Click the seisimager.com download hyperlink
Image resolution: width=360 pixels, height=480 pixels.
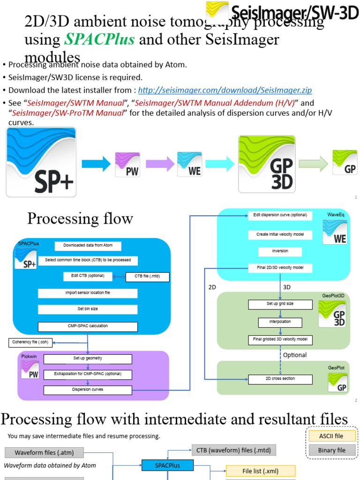(x=225, y=90)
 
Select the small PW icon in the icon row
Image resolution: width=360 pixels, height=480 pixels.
(x=127, y=164)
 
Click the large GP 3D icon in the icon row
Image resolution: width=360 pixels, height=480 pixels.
(x=267, y=164)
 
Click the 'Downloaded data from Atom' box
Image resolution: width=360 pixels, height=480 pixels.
(x=88, y=246)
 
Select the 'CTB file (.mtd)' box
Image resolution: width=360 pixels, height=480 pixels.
(x=148, y=277)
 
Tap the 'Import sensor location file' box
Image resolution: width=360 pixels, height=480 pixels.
(x=88, y=293)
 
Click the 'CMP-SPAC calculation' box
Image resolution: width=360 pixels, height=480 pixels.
(x=88, y=327)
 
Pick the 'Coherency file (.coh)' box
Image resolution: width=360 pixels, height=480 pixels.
(x=30, y=343)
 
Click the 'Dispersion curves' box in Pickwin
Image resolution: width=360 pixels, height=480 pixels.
(x=88, y=390)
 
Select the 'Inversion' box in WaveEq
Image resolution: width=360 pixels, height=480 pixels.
(x=280, y=252)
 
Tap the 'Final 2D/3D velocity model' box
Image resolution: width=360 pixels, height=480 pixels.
(x=280, y=268)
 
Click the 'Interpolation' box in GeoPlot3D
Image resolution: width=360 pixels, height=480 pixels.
(x=280, y=322)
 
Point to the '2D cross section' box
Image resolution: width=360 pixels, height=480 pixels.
(x=280, y=379)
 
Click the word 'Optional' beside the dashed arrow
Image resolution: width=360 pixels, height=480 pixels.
(x=295, y=355)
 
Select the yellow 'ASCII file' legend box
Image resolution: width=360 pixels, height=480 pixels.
(x=331, y=436)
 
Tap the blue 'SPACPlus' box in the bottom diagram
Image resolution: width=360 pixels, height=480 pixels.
(x=167, y=465)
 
